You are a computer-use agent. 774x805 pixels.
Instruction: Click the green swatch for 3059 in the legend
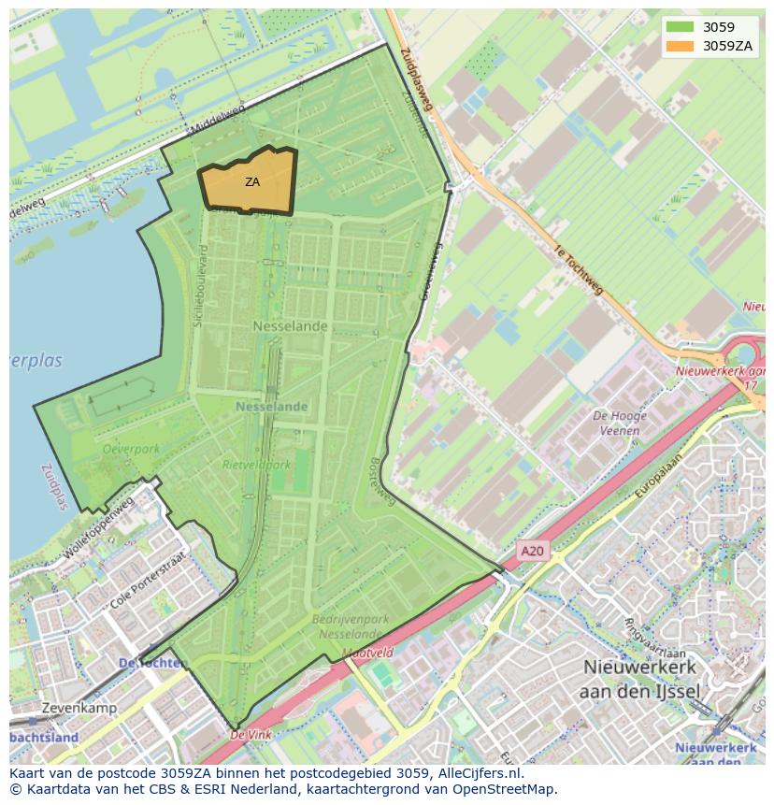(681, 28)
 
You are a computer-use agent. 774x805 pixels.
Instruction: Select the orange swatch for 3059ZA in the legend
(681, 46)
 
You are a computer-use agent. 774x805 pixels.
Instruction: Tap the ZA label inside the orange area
(252, 182)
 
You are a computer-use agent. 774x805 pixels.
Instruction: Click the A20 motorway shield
(532, 552)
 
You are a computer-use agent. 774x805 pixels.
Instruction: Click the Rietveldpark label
(256, 464)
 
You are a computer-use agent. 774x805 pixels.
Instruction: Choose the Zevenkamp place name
(79, 708)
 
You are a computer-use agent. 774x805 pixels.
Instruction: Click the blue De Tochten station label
(152, 663)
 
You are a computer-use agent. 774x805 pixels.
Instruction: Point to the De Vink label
(251, 735)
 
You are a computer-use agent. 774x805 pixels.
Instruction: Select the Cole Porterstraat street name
(148, 582)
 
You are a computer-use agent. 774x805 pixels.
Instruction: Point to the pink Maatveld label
(367, 653)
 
